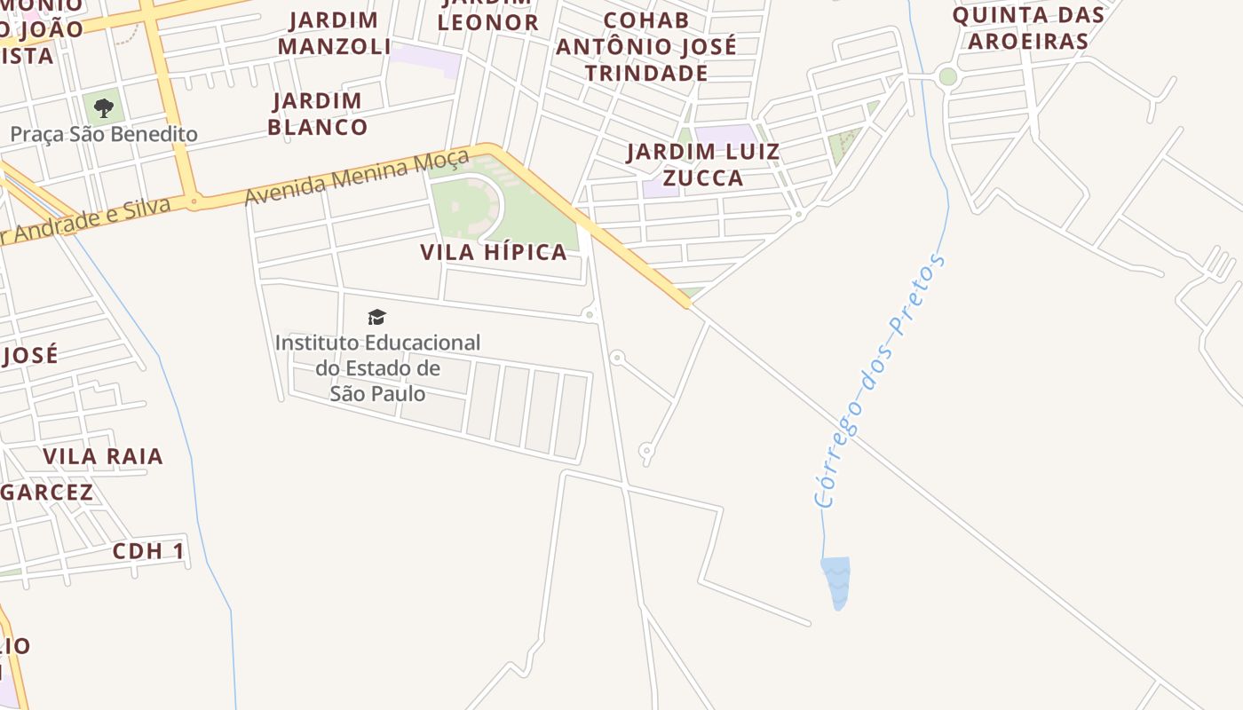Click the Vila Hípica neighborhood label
493,252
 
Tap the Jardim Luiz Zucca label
702,164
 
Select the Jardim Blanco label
317,114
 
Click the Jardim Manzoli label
334,33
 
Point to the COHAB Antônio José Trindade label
646,46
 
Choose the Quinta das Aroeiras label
1028,28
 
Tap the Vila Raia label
103,456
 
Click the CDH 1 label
148,551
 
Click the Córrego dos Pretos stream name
879,382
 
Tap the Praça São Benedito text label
104,135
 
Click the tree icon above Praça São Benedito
104,108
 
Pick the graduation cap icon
377,317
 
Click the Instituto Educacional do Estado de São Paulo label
377,367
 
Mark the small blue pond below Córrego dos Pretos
835,579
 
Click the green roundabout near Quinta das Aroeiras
947,76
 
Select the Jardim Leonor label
487,18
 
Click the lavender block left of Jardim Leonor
426,59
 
